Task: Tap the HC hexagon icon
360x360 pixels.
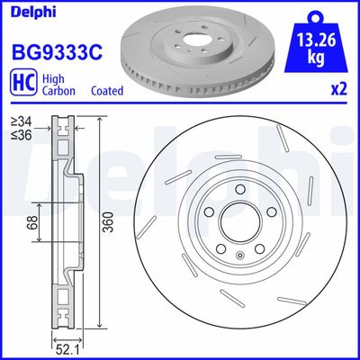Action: click(x=23, y=84)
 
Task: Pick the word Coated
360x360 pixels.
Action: click(x=108, y=91)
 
